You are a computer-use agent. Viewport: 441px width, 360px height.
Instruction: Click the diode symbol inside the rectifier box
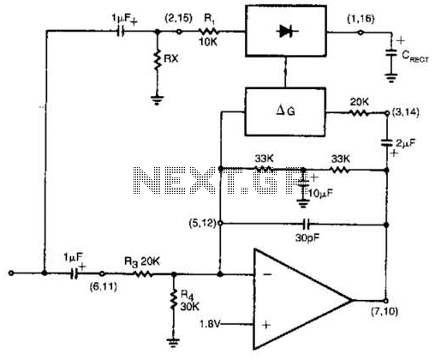point(287,31)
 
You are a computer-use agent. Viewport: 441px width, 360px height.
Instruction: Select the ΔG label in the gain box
point(285,111)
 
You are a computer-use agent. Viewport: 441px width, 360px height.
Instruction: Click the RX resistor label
point(171,58)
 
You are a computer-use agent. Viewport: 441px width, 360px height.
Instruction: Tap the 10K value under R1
point(208,42)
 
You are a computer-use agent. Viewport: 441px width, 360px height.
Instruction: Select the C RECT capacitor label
point(415,57)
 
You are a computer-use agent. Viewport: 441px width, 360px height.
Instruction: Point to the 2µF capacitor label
point(405,143)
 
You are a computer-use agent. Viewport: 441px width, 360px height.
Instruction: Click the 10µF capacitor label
point(320,194)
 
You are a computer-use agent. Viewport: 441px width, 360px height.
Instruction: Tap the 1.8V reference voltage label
point(210,324)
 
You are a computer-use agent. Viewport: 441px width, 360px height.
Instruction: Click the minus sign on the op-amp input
point(267,274)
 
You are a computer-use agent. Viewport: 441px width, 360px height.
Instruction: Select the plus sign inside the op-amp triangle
point(266,325)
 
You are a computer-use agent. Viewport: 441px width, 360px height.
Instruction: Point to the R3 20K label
point(142,261)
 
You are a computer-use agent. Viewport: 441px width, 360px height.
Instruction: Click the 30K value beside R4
point(189,306)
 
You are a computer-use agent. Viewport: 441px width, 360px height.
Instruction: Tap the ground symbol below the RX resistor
point(157,100)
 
